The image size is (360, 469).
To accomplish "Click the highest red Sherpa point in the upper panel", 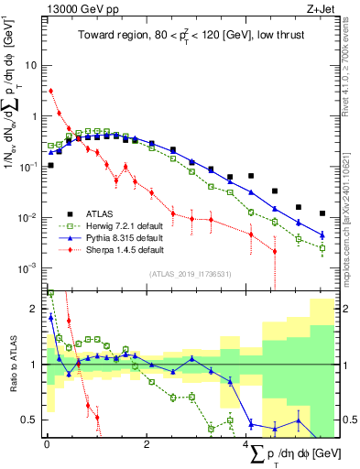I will pos(50,91).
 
